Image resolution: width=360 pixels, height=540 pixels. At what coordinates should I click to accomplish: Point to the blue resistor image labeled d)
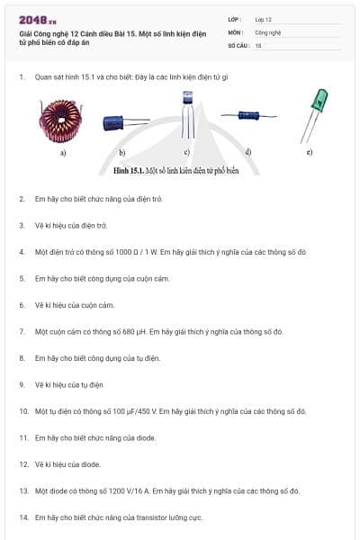(x=247, y=116)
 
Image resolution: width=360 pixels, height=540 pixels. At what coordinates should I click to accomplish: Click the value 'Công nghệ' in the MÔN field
(x=267, y=31)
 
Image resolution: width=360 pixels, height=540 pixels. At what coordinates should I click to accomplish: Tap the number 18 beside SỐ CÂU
(x=258, y=44)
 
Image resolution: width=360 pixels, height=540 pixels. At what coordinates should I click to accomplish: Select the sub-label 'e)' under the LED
(x=310, y=152)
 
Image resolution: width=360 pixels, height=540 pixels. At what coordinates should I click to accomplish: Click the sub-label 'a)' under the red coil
(x=64, y=152)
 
